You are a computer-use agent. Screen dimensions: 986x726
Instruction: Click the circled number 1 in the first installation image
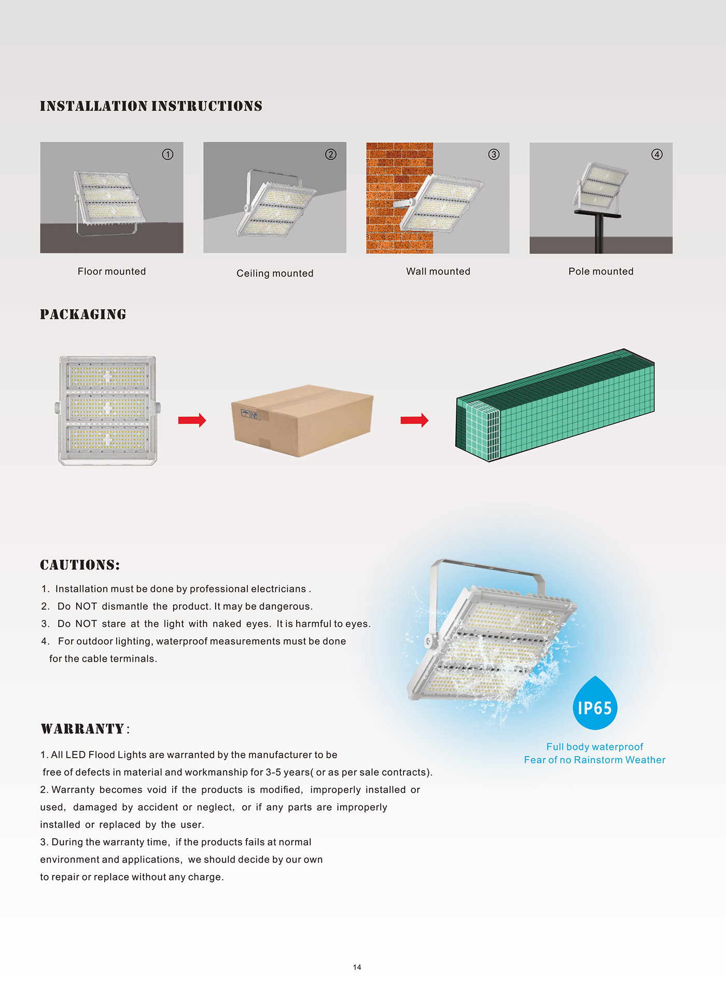pos(167,154)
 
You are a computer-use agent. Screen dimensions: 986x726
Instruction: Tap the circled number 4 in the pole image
pos(657,154)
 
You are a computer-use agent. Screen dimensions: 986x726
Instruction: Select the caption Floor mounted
pos(111,271)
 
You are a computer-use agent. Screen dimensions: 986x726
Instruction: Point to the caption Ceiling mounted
pos(275,273)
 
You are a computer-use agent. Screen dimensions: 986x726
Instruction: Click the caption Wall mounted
pos(438,271)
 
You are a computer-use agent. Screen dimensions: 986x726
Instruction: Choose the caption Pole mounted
pos(601,271)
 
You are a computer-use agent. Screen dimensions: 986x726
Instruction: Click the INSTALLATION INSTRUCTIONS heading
pos(151,106)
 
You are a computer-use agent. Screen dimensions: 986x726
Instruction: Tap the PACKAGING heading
pos(83,314)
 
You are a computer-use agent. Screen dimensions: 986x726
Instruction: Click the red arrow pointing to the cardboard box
pos(192,420)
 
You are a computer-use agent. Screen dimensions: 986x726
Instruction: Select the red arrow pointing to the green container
pos(414,420)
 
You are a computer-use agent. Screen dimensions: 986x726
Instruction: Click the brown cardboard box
pos(302,421)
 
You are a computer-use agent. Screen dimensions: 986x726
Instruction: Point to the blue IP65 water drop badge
pos(595,704)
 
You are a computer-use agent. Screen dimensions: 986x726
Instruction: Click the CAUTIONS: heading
pos(80,565)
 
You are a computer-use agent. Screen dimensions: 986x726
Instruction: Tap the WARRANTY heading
pos(83,729)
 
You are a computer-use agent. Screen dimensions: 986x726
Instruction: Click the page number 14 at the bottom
pos(357,967)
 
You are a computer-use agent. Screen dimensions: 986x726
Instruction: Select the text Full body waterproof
pos(594,747)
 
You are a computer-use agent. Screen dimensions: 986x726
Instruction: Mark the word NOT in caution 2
pos(86,607)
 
